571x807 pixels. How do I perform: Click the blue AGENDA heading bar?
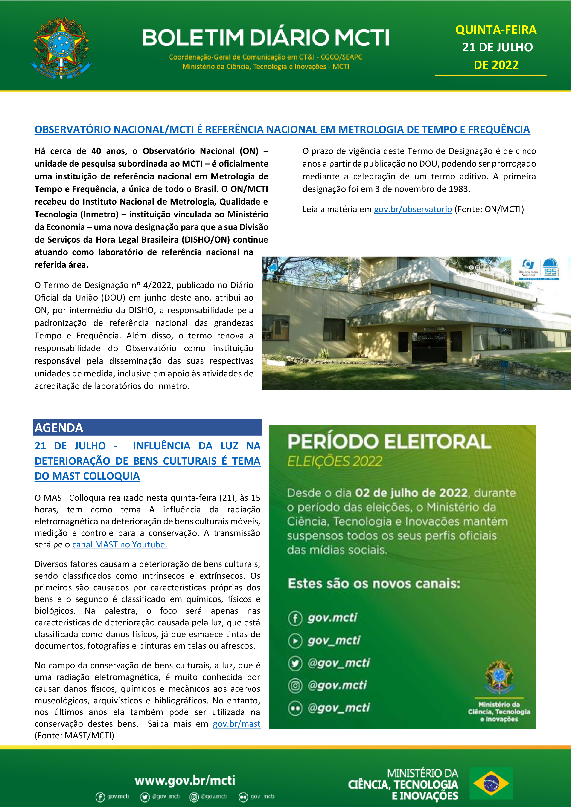tap(147, 427)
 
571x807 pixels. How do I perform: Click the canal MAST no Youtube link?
tap(119, 545)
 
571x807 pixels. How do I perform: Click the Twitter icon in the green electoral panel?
tap(295, 663)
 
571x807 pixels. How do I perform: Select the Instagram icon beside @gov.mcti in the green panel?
tap(295, 686)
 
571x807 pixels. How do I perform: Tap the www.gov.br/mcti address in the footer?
tap(185, 780)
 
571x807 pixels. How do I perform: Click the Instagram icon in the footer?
tap(194, 797)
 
